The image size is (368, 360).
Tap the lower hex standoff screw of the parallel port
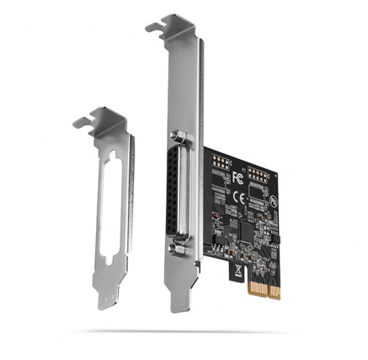pos(179,250)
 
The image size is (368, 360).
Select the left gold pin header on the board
pos(220,162)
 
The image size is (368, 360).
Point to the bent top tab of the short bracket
pos(95,117)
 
